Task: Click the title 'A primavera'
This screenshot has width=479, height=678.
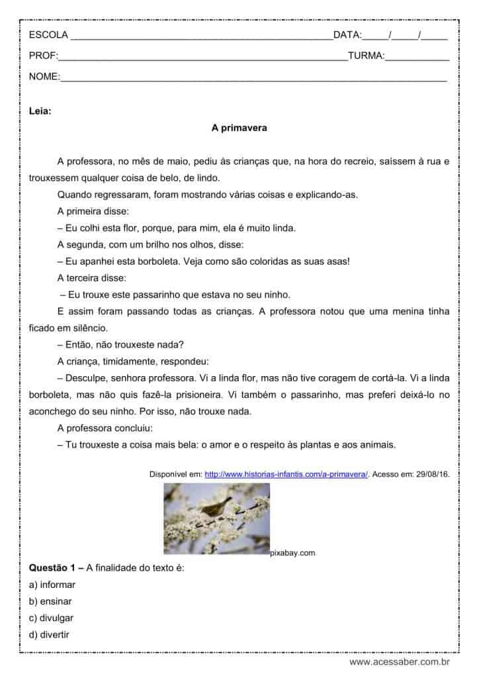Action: coord(239,128)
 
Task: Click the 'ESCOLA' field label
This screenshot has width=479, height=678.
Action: coord(48,34)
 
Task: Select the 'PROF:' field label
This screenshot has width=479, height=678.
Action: coord(44,56)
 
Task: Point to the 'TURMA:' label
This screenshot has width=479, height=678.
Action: coord(366,56)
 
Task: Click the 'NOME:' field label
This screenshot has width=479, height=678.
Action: coord(44,77)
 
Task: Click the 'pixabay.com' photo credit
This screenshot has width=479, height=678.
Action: coord(292,553)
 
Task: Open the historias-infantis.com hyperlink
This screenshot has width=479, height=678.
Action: coord(286,475)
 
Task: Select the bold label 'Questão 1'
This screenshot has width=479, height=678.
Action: coord(52,567)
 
